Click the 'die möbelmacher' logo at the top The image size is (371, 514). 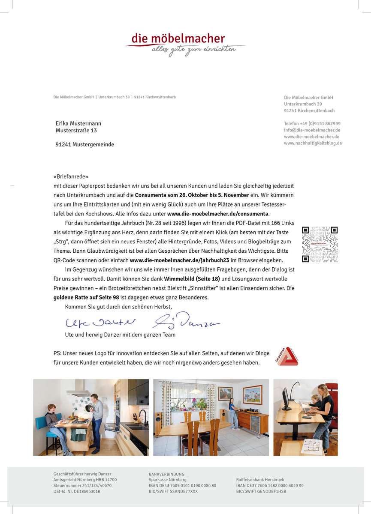[x=185, y=44]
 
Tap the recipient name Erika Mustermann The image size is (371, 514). [x=78, y=123]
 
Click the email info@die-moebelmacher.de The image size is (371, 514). [x=312, y=130]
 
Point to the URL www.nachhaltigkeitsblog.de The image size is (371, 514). [x=313, y=143]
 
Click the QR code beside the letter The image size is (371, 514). [x=320, y=245]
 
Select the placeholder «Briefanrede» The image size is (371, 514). [x=71, y=176]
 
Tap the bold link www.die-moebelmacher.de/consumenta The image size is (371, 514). [x=218, y=213]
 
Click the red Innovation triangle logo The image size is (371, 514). [x=287, y=356]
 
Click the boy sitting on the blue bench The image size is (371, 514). [x=55, y=426]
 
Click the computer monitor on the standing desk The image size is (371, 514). [x=287, y=399]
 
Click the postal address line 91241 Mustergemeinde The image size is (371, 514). [x=85, y=144]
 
